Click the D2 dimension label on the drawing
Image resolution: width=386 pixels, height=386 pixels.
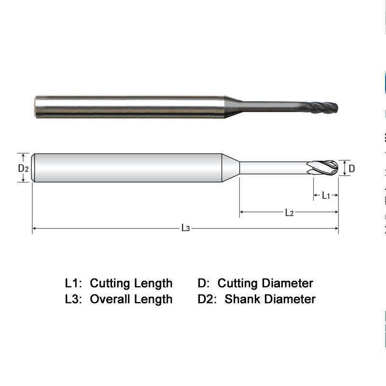tap(24, 168)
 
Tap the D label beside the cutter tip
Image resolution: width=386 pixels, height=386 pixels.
tap(352, 168)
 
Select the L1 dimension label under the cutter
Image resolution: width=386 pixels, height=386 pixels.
tap(326, 195)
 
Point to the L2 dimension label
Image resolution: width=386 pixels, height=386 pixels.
tap(289, 212)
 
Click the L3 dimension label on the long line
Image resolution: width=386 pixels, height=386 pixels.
tap(186, 228)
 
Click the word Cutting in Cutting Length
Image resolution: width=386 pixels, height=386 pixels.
tap(110, 283)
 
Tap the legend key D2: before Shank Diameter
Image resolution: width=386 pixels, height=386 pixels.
tap(208, 299)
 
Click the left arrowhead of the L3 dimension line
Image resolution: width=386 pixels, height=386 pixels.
tap(35, 228)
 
